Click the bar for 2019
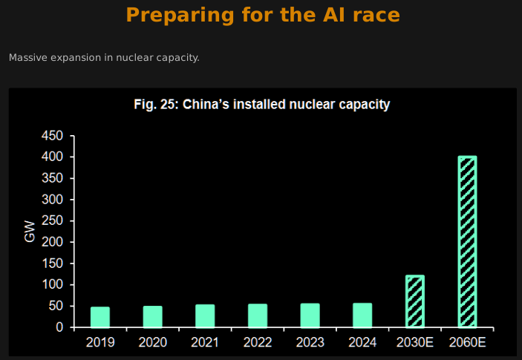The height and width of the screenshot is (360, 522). point(100,317)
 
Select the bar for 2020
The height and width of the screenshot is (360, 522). point(153,316)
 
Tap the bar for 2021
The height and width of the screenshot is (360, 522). point(205,315)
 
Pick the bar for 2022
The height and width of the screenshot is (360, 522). point(258,315)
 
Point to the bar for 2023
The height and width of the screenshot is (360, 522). point(310,315)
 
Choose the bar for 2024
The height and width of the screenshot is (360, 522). point(362,315)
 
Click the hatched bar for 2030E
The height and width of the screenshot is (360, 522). point(415,301)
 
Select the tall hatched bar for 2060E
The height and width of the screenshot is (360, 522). point(467,242)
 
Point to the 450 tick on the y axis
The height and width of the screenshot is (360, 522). point(53,137)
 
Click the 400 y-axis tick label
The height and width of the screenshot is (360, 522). point(53,157)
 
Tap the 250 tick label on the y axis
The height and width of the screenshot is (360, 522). point(53,221)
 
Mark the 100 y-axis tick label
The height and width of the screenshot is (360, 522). point(53,285)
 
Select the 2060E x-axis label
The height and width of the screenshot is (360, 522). point(467,342)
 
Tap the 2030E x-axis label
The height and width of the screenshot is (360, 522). point(415,342)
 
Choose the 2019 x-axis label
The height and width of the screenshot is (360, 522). point(100,342)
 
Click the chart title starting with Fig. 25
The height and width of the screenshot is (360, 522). point(262,105)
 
